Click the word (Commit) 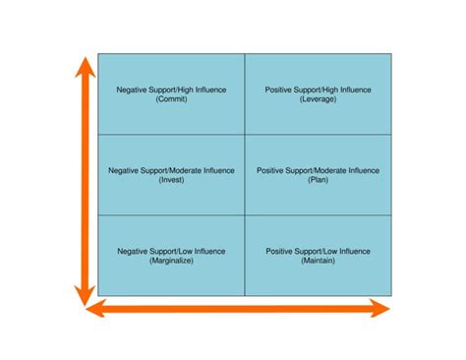171,99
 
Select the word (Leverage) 319,99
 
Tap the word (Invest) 171,180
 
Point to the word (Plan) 319,180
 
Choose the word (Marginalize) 171,261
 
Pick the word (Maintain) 319,261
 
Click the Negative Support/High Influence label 171,90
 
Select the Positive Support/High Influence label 319,90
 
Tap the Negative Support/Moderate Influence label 171,170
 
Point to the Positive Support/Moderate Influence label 319,170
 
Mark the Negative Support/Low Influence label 171,251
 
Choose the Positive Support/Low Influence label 319,251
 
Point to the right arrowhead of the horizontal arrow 379,310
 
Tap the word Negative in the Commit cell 133,90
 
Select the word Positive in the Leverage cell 280,90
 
